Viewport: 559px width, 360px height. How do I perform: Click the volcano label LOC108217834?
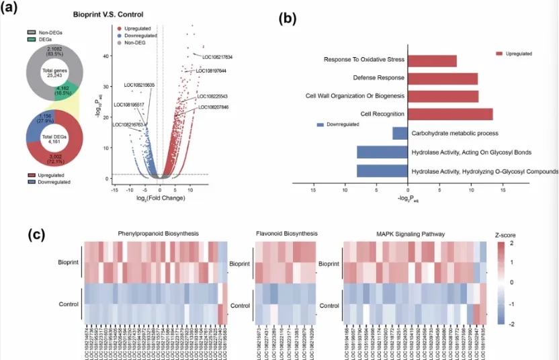[x=208, y=56]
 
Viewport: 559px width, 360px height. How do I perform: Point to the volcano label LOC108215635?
[x=139, y=85]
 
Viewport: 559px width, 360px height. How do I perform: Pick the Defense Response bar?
[x=444, y=79]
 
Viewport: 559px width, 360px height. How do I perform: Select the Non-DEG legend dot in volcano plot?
[x=119, y=42]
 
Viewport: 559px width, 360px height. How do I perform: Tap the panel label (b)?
[x=289, y=19]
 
